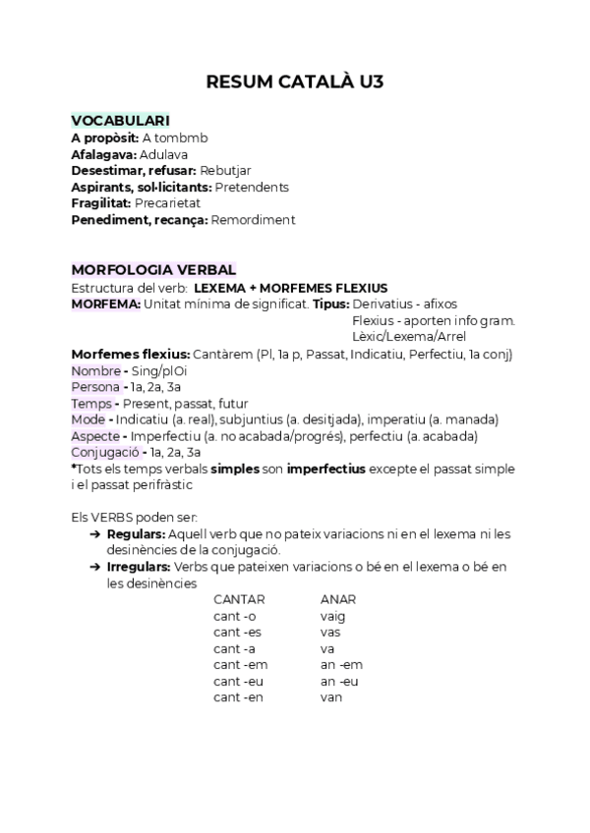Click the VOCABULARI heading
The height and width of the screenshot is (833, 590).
[x=121, y=121]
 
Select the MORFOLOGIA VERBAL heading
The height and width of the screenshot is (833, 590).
[x=153, y=270]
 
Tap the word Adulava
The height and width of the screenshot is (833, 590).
[x=163, y=154]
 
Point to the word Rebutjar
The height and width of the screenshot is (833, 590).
[x=228, y=171]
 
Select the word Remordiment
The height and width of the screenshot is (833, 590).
[x=253, y=220]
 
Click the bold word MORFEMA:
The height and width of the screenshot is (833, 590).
[x=106, y=304]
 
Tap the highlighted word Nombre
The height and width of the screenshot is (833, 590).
[x=94, y=370]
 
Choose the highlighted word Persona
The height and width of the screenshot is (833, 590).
[x=94, y=387]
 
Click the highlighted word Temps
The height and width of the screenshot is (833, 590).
[x=91, y=404]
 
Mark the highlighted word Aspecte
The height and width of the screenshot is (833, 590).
[x=95, y=436]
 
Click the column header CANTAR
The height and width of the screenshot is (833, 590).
[x=239, y=599]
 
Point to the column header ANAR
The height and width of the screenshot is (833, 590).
[x=338, y=599]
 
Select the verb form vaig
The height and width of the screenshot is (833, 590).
[x=333, y=616]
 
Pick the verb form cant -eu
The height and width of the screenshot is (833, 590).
[x=238, y=681]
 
